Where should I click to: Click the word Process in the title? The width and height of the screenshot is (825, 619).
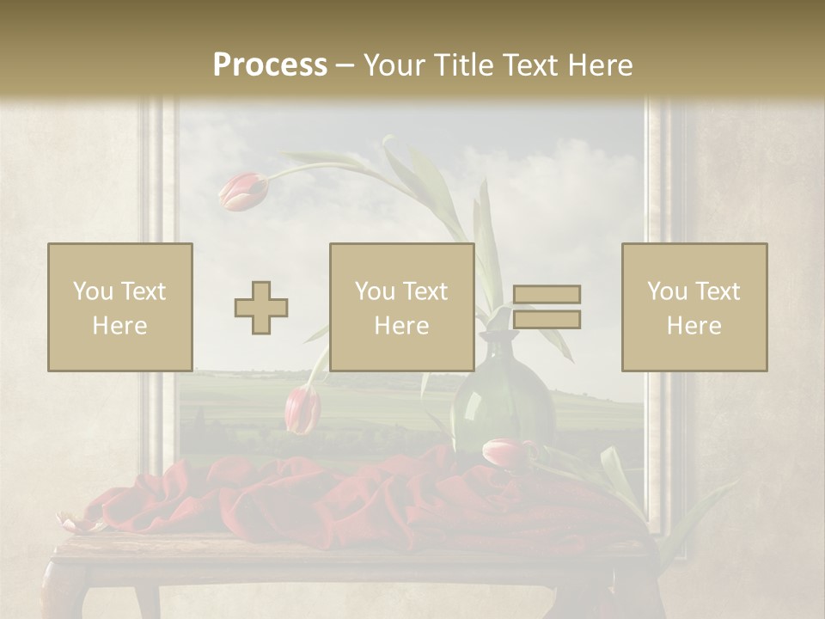[270, 64]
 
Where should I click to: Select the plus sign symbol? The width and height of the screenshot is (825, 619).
[261, 307]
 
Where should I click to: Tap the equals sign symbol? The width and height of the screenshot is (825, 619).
[547, 307]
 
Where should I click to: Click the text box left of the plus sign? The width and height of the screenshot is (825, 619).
[119, 307]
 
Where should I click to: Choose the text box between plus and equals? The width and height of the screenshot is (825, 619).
[401, 307]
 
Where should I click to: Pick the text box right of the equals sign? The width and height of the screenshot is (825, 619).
[694, 307]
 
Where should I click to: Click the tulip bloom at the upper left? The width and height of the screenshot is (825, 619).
[244, 191]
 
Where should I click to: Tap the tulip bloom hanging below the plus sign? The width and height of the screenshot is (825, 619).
[302, 408]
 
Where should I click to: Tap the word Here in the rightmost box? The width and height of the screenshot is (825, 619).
[694, 325]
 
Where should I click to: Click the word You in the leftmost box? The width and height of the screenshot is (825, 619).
[92, 291]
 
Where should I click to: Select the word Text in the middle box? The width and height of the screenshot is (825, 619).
[425, 291]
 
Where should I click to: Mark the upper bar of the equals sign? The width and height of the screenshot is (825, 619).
[547, 294]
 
